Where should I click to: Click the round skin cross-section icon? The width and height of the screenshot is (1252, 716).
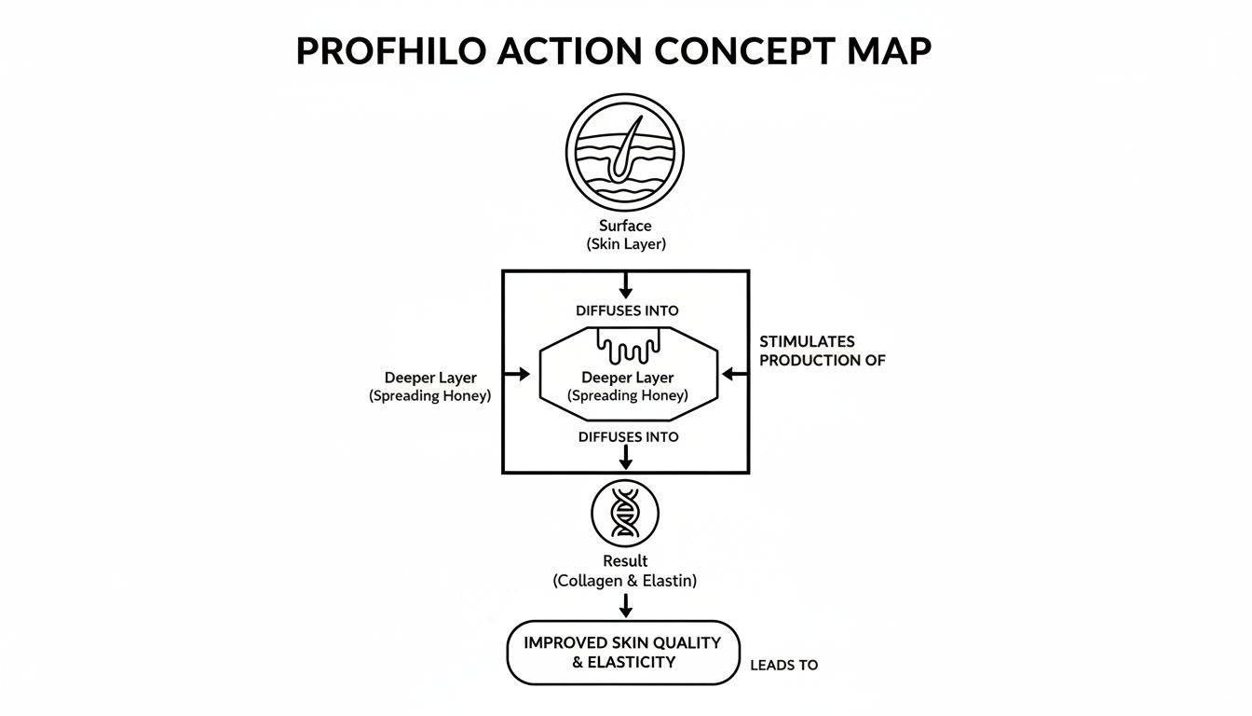tap(625, 154)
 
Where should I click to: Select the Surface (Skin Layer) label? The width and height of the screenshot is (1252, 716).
tap(625, 235)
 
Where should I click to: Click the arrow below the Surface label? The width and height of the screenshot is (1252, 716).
tap(625, 284)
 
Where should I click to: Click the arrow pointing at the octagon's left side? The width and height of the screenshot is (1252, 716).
tap(515, 374)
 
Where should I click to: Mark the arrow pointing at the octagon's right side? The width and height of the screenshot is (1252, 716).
tap(735, 374)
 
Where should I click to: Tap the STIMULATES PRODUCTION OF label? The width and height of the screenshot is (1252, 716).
tap(822, 351)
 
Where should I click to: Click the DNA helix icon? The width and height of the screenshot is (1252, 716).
tap(625, 514)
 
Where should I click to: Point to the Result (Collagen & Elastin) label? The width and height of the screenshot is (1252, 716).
tap(625, 571)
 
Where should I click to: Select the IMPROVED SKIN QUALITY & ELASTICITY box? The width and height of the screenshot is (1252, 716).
tap(622, 653)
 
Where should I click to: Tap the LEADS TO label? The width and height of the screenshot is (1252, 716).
tap(783, 666)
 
